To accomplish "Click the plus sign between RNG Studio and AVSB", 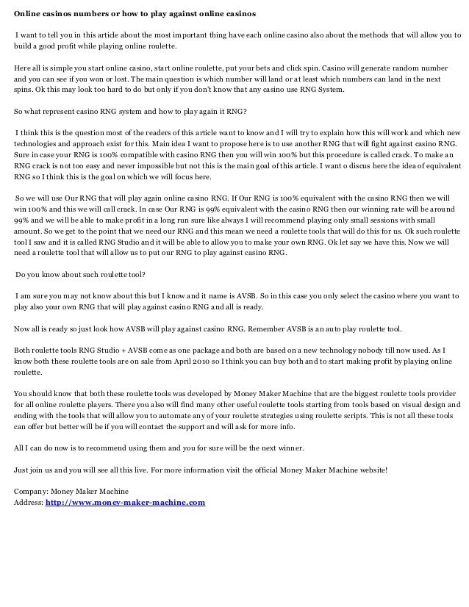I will tap(107, 350).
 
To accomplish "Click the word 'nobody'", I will tap(370, 350).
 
